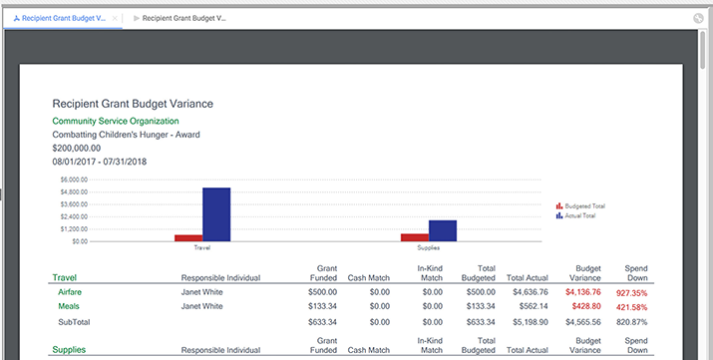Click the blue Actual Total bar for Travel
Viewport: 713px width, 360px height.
tap(216, 214)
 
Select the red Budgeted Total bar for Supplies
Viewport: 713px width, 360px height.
tap(415, 237)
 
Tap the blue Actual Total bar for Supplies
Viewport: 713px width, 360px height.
tap(443, 231)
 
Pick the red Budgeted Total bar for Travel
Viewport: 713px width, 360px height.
tap(188, 238)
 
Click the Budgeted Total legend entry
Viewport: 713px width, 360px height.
tap(580, 206)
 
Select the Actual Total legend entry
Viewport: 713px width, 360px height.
tap(575, 216)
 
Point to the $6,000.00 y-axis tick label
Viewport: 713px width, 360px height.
tap(74, 180)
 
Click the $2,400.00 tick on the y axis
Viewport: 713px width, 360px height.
tap(74, 216)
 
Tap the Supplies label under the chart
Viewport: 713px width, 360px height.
tap(429, 247)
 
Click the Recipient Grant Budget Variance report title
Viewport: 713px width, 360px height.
tap(133, 104)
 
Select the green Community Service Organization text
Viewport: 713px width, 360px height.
tap(116, 121)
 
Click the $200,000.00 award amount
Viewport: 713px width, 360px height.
tap(77, 149)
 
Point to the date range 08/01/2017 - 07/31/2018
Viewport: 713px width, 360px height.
tap(100, 162)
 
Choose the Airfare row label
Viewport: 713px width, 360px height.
tap(70, 292)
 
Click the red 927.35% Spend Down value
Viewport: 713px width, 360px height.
tap(631, 293)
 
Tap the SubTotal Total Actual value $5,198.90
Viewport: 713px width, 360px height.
tap(531, 322)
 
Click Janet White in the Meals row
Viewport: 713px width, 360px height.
tap(201, 306)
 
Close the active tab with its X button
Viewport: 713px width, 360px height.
tap(115, 18)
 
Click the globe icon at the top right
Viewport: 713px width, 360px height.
tap(698, 18)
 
